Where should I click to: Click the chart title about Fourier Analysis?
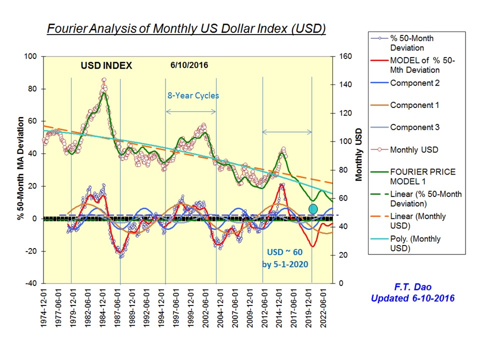tap(186, 28)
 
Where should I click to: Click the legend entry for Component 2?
tap(414, 83)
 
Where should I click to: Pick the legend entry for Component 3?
tap(414, 127)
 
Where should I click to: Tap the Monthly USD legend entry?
tap(414, 149)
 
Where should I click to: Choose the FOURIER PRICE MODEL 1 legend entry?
tap(422, 176)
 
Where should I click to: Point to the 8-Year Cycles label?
tap(192, 95)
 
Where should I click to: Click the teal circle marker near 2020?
tap(313, 208)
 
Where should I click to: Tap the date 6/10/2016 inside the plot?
tap(189, 65)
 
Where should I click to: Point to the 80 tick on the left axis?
tap(31, 89)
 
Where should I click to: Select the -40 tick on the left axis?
tap(31, 283)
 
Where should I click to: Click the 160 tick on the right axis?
tap(345, 56)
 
